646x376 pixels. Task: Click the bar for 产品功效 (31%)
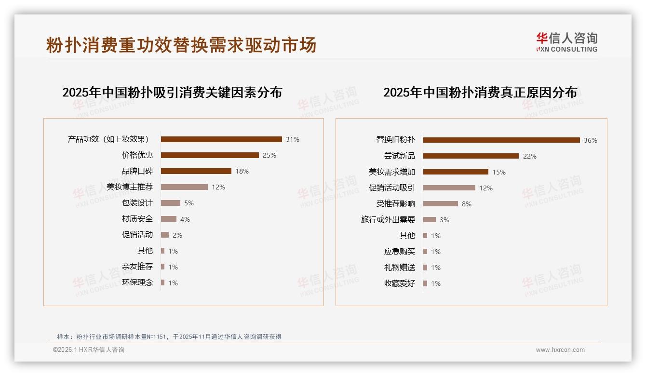click(x=221, y=139)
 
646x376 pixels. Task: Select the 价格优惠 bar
click(x=210, y=155)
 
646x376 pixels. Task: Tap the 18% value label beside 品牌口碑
click(x=242, y=171)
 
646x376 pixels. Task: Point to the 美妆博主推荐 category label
click(x=130, y=187)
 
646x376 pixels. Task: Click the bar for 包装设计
click(x=171, y=203)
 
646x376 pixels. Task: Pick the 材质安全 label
click(x=137, y=219)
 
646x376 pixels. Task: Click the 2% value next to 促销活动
click(x=177, y=235)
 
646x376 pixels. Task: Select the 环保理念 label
click(x=137, y=282)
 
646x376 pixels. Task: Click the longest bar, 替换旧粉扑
click(x=501, y=140)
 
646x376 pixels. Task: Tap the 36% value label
click(x=591, y=141)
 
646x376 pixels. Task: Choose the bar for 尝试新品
click(x=471, y=156)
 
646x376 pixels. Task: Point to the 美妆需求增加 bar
click(x=456, y=172)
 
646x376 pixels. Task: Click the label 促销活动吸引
click(x=392, y=188)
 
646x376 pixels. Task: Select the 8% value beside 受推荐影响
click(x=467, y=204)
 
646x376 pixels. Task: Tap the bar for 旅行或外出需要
click(x=430, y=220)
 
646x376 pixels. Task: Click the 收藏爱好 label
click(x=400, y=283)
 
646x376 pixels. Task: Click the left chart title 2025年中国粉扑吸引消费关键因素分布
click(x=172, y=93)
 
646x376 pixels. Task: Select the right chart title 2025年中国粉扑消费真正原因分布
click(x=480, y=93)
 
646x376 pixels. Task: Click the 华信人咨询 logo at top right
click(x=566, y=42)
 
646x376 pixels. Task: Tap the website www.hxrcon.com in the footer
click(x=560, y=350)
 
